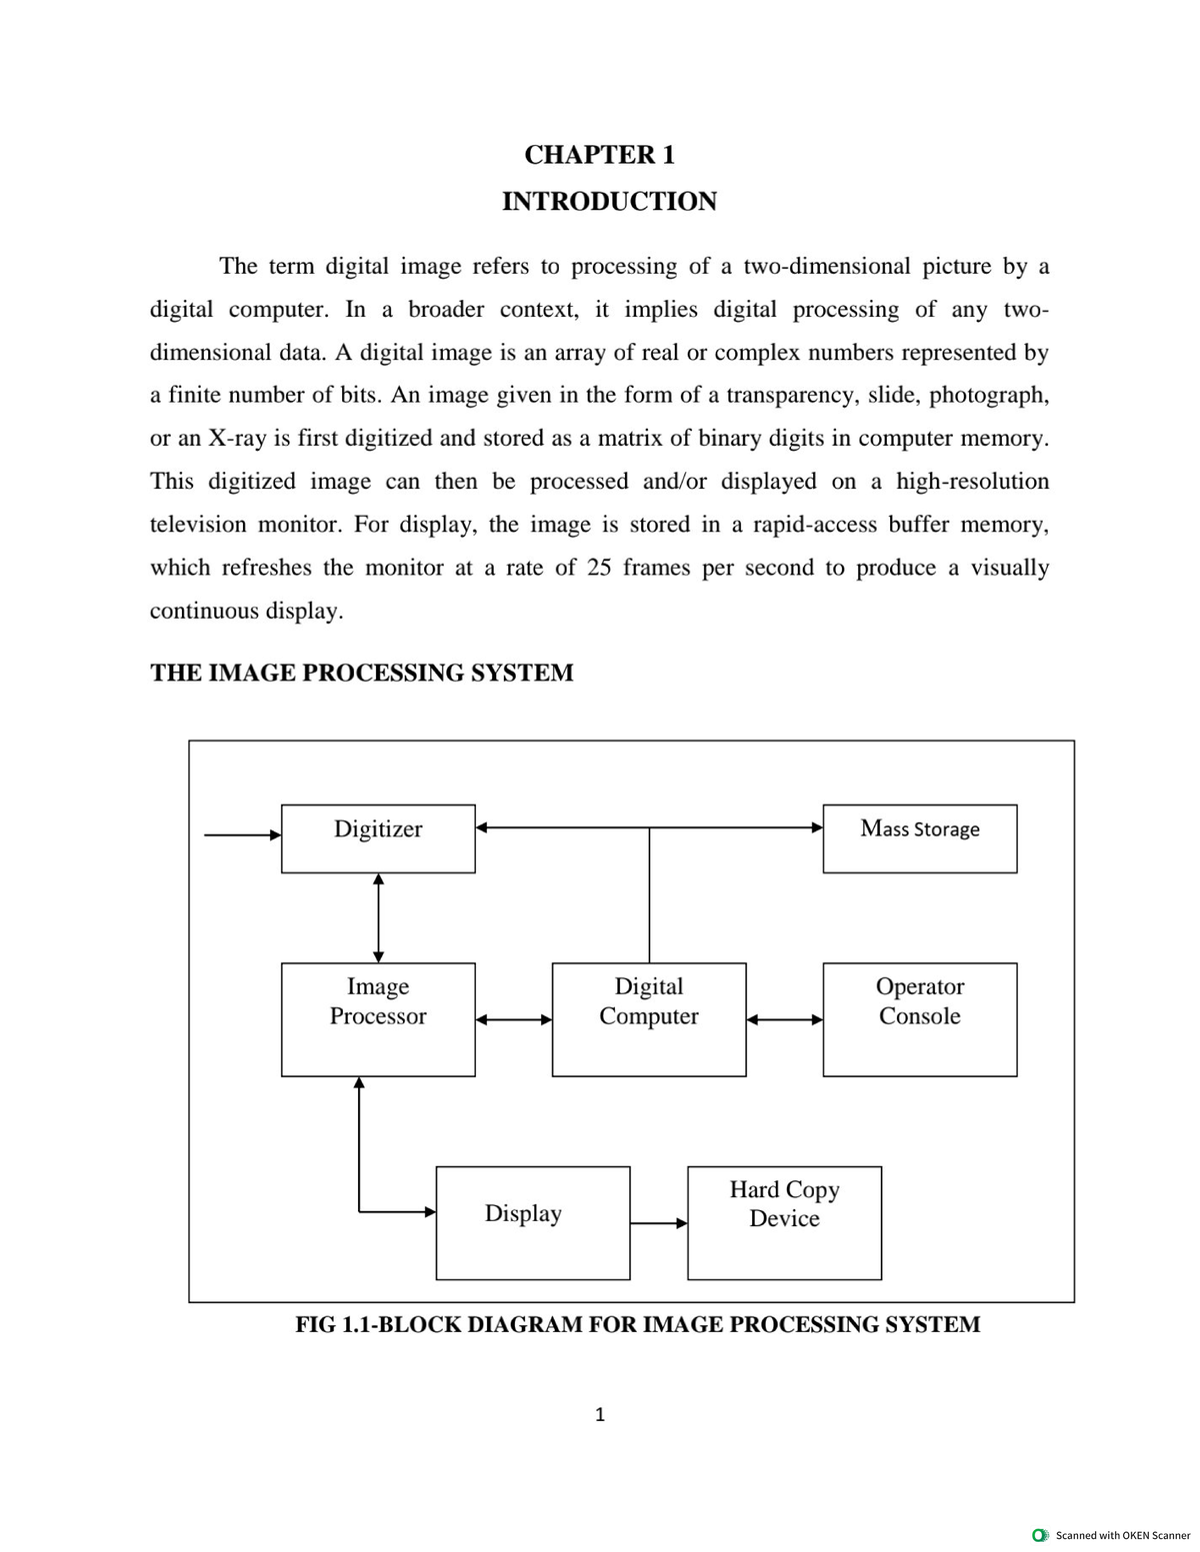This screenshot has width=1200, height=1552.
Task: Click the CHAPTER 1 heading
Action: [599, 155]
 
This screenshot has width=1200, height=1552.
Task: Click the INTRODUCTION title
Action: [609, 201]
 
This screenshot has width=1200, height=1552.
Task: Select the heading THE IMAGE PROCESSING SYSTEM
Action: [361, 673]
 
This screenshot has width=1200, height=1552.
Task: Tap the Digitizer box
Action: [378, 838]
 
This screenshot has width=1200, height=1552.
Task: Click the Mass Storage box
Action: [919, 838]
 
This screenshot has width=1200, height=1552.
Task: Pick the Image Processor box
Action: [378, 1018]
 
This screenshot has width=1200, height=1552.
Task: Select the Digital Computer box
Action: [648, 1018]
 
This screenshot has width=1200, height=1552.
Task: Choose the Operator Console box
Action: [919, 1018]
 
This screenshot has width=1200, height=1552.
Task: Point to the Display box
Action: [532, 1222]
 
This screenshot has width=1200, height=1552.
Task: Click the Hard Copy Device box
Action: [784, 1222]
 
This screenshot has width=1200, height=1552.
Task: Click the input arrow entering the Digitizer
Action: [242, 834]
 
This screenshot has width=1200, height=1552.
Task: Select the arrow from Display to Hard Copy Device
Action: [658, 1222]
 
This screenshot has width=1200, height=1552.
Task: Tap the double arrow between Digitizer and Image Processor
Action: [378, 917]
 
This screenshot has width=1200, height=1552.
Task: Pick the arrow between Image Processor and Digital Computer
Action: [513, 1019]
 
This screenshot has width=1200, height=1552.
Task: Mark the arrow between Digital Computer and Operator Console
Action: [784, 1019]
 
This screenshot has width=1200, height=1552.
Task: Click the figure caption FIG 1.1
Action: [637, 1325]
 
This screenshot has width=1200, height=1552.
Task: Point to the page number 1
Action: [599, 1414]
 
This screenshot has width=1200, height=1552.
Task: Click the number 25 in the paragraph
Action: [598, 568]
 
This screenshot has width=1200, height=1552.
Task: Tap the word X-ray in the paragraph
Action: [236, 439]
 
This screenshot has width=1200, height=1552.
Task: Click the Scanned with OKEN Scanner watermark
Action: [1112, 1535]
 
